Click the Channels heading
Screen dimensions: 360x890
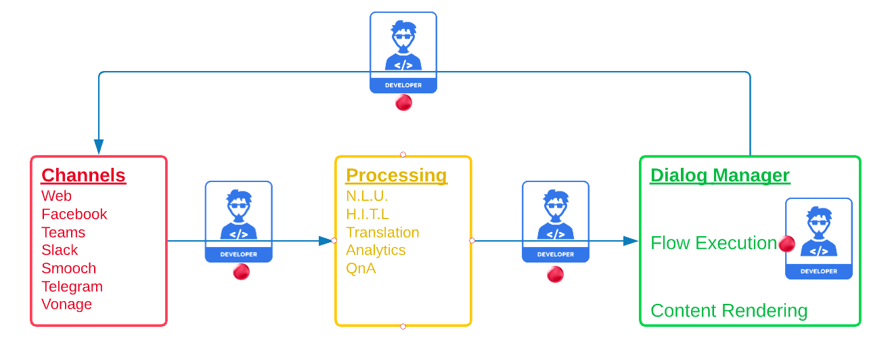83,175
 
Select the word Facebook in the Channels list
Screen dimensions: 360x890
74,214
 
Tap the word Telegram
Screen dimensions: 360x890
72,286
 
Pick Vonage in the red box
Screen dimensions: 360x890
66,304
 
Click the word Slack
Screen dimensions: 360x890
60,250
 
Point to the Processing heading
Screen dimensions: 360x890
396,175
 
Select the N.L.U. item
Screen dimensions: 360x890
367,196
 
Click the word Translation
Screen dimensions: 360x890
382,232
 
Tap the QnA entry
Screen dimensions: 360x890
361,268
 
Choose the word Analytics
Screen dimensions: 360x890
376,250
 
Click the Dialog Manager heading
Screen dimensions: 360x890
719,175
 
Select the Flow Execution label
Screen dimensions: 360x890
713,243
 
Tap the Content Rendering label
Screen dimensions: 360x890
728,311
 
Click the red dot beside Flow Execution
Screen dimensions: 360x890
786,244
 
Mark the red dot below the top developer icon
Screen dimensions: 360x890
403,102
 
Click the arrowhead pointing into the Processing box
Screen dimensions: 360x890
327,240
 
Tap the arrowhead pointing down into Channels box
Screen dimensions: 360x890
99,147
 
